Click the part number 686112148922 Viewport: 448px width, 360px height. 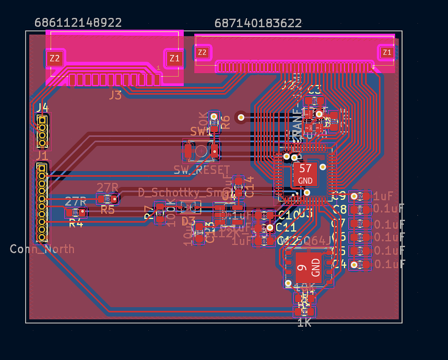coord(78,23)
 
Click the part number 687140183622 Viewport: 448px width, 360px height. coord(258,23)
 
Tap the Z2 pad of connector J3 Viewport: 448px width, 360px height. coord(55,58)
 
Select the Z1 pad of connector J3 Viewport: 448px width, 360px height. coord(175,58)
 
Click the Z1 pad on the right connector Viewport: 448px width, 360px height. coord(387,52)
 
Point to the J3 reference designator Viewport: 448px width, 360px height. coord(115,95)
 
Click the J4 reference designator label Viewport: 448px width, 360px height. coord(42,107)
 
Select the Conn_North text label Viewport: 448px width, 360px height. coord(42,249)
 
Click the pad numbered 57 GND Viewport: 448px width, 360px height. coord(305,174)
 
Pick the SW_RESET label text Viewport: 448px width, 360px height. coord(202,170)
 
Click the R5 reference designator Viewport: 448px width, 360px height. coord(108,210)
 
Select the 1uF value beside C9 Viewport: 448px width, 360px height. coord(383,196)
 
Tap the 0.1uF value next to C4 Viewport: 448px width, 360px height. coord(389,264)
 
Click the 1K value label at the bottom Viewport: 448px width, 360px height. coord(304,323)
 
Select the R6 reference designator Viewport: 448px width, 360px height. coord(225,122)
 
